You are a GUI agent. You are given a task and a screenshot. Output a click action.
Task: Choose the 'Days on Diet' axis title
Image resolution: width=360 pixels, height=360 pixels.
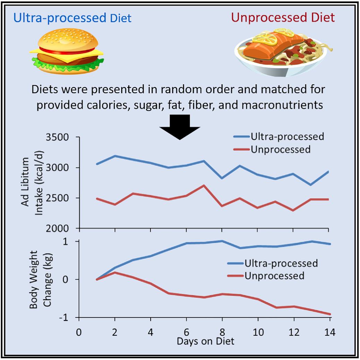206,341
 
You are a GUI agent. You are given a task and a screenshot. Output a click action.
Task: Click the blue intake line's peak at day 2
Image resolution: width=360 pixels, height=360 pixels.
115,156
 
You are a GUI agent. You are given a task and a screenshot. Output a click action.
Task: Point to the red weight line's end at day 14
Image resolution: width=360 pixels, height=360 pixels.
328,314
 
